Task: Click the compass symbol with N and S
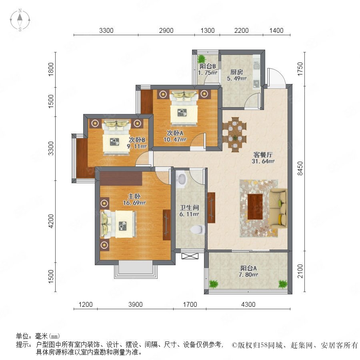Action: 20,20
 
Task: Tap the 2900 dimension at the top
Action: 166,30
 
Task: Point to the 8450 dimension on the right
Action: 300,168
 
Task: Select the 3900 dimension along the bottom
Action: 136,304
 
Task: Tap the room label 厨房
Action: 236,72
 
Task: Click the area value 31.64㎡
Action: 263,161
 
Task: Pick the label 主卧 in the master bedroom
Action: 134,196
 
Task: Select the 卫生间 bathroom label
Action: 189,208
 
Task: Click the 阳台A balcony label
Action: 248,268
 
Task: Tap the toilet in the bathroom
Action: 198,229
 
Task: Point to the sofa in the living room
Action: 278,209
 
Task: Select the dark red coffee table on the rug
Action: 255,207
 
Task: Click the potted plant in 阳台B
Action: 202,59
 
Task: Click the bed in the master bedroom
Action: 118,224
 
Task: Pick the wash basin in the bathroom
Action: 182,179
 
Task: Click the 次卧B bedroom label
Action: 137,140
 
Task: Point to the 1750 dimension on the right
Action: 300,69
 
